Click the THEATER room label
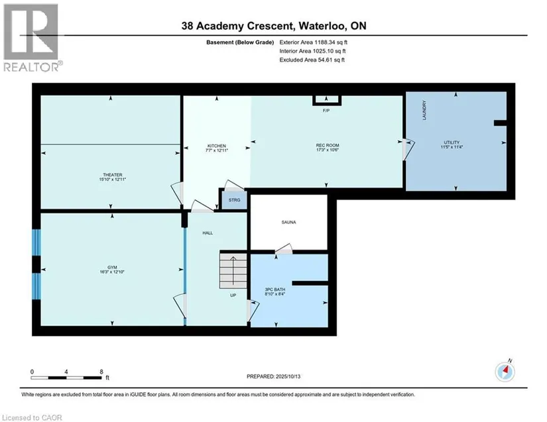(x=112, y=175)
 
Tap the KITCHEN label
(x=217, y=146)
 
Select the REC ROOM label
(x=328, y=145)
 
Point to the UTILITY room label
(x=452, y=142)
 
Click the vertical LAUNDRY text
(x=424, y=110)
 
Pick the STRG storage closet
(x=235, y=200)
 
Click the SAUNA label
(x=289, y=222)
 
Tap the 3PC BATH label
(x=275, y=290)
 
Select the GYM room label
(x=112, y=267)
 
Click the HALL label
(x=208, y=233)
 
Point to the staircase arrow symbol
(x=233, y=270)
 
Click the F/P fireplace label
(x=326, y=111)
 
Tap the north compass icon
(x=505, y=372)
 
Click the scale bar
(x=66, y=378)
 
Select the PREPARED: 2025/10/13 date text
(x=273, y=376)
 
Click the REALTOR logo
(x=32, y=38)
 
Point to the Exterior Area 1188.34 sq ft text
(x=313, y=42)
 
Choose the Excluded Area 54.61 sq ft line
(x=312, y=60)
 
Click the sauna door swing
(x=284, y=248)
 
